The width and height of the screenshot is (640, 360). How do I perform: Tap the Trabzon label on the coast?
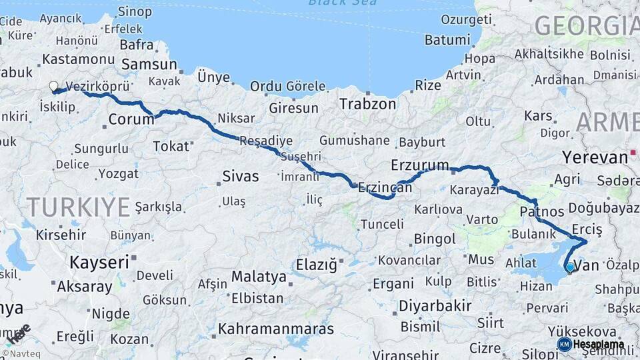[x=367, y=104]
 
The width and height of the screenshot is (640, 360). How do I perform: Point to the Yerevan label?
[x=595, y=157]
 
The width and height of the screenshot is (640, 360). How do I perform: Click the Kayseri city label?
[x=99, y=262]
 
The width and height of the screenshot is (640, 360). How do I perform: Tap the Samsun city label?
[x=148, y=65]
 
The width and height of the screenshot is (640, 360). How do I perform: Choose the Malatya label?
[x=259, y=277]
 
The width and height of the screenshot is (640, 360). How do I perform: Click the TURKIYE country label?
[x=78, y=207]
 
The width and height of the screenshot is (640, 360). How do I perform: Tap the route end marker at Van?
[x=569, y=268]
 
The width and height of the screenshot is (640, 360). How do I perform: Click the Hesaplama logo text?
[x=598, y=345]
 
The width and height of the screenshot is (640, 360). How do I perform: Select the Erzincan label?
[x=385, y=189]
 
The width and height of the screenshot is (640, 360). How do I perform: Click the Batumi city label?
[x=447, y=39]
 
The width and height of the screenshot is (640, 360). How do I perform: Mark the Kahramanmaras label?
[x=276, y=329]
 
